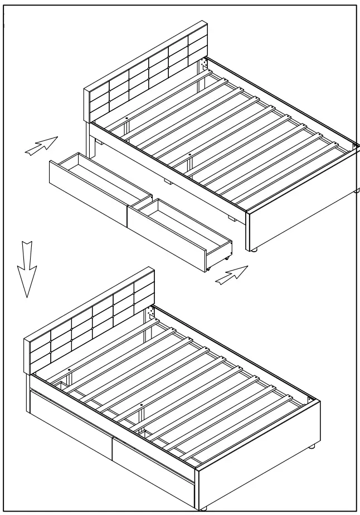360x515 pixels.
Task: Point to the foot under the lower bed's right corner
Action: coord(312,446)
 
